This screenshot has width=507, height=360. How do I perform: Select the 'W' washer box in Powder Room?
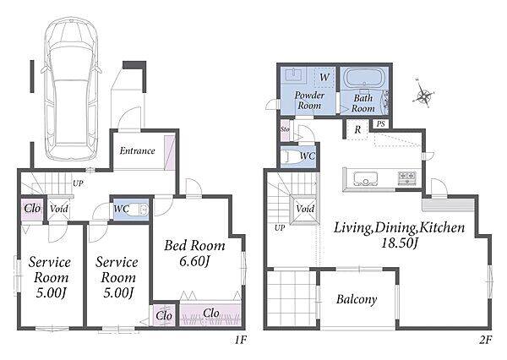[324, 77]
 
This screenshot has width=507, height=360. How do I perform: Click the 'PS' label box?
[381, 123]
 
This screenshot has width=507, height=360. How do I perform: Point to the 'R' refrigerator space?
[357, 129]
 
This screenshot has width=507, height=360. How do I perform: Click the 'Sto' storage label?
[285, 129]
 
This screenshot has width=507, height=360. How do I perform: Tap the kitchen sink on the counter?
[365, 178]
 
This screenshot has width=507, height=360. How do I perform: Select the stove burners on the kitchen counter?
[407, 178]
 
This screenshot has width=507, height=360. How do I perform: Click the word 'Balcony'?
[357, 299]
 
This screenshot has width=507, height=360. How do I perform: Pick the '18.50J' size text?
[400, 243]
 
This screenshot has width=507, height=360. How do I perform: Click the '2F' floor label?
[485, 340]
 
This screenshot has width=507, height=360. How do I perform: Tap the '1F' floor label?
[241, 340]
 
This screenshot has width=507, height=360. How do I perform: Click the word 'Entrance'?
[137, 150]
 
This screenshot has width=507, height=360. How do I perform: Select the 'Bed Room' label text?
[194, 246]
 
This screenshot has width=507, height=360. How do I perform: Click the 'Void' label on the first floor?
[59, 209]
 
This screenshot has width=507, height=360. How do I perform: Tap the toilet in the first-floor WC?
[139, 210]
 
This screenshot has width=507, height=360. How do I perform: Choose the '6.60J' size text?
[194, 261]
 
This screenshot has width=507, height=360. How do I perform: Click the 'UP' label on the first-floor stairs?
[78, 183]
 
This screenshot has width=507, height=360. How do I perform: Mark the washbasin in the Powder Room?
[294, 74]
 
